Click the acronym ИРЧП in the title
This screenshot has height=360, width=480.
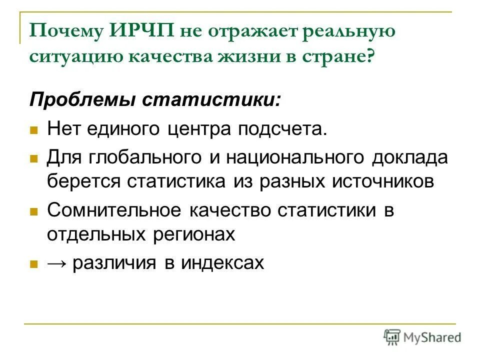pos(139,31)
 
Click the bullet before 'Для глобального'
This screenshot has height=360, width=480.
pos(34,159)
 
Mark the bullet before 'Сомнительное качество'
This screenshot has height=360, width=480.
pos(34,211)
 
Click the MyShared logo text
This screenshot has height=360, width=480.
pos(433,336)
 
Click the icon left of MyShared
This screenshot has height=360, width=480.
pos(392,336)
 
